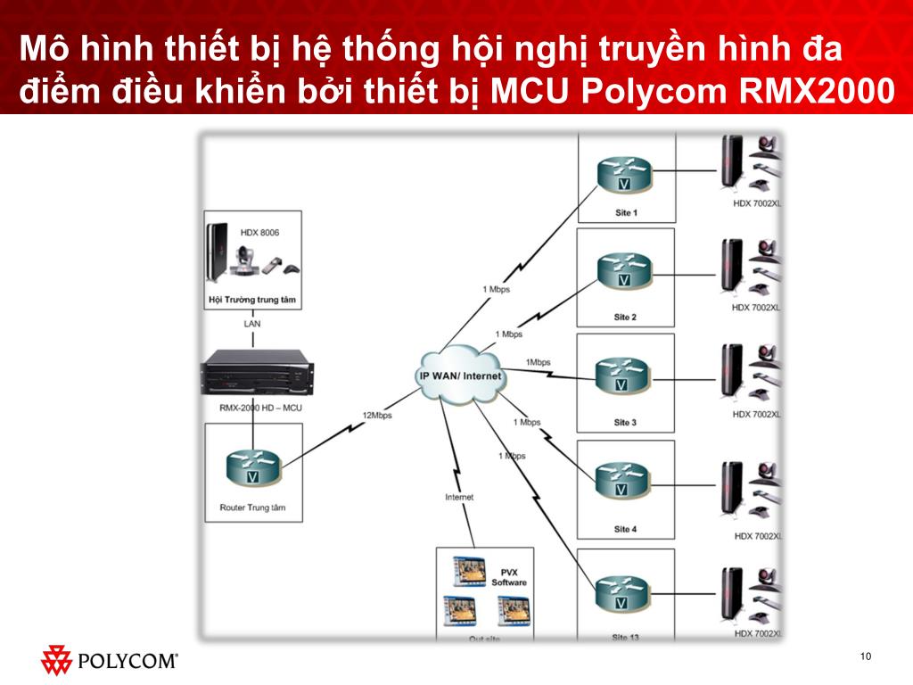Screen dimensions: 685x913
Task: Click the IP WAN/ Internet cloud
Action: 460,376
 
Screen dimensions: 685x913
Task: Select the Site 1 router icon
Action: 624,175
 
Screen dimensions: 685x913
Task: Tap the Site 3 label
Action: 625,422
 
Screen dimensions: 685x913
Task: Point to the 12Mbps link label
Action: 376,415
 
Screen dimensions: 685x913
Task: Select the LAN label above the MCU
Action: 252,324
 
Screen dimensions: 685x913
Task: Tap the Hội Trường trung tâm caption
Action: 251,301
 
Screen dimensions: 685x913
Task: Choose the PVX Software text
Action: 509,576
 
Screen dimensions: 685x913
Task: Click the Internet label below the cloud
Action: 459,497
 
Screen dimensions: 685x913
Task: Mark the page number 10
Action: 865,657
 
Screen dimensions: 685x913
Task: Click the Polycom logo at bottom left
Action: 110,661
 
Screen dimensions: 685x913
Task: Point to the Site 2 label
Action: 625,317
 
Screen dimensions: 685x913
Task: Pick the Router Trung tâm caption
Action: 252,508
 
